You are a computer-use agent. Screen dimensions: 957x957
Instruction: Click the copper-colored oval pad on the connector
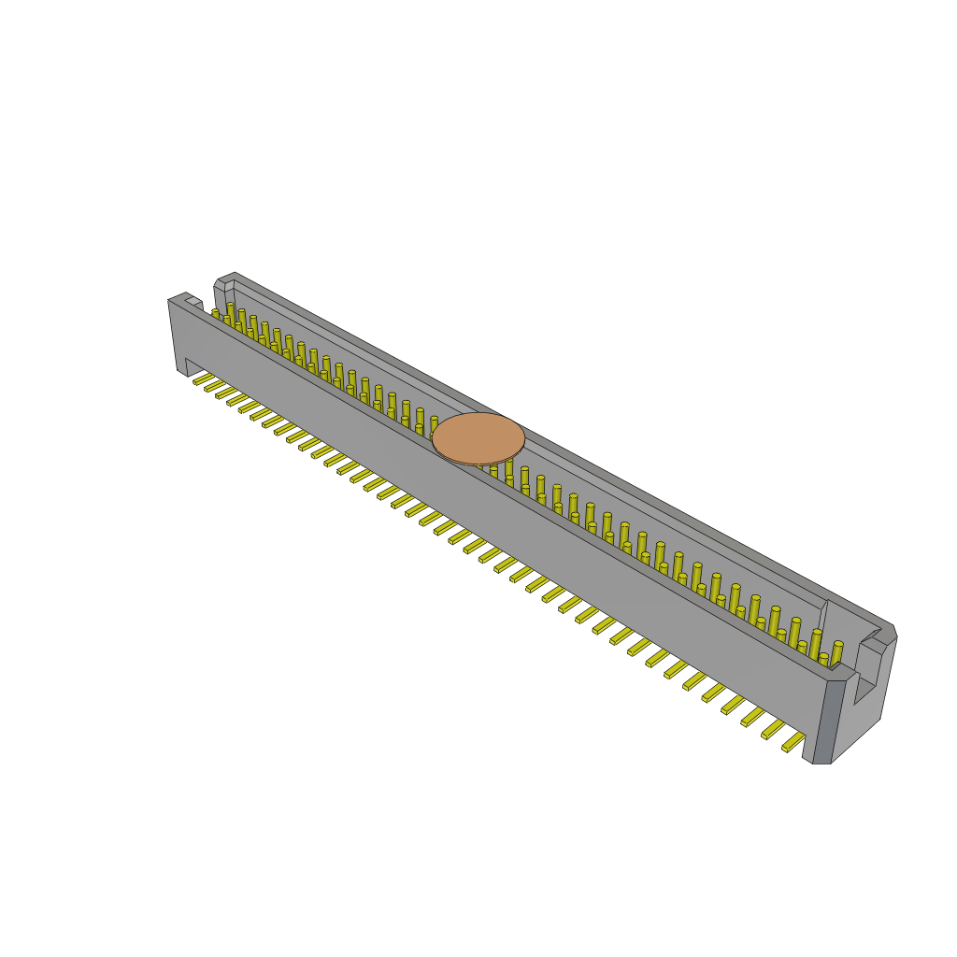pos(478,438)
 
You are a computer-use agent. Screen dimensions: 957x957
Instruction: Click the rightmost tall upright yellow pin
pos(836,652)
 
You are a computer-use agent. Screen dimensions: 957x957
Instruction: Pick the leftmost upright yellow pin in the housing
pos(216,315)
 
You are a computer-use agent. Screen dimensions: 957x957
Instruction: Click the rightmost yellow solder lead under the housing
pos(793,742)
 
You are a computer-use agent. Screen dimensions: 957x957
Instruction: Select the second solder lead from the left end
pos(215,385)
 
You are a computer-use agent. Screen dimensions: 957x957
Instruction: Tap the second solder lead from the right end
pos(773,729)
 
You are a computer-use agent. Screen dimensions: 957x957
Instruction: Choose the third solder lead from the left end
pos(226,393)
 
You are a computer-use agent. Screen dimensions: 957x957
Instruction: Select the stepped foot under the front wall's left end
pos(193,366)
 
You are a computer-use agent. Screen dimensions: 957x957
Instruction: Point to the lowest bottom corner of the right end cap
pos(821,763)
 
